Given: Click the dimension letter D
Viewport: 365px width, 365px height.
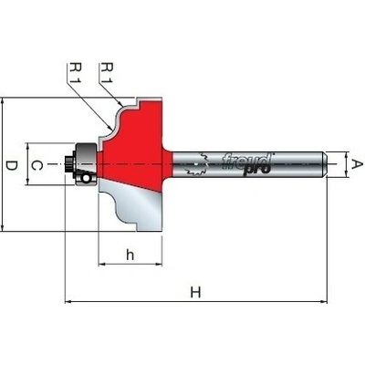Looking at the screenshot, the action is click(12, 166).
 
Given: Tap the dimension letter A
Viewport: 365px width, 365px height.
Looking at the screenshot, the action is click(357, 164).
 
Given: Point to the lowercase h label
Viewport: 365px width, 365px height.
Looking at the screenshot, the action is click(130, 255).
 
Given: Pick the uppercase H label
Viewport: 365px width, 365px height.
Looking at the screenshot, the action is click(195, 293).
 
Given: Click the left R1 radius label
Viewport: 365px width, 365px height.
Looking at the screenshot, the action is click(75, 72).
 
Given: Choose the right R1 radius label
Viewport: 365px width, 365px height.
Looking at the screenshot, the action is click(107, 72).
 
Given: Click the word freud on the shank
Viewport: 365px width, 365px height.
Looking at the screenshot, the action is click(246, 161).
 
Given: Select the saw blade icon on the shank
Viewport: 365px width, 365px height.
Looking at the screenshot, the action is click(198, 164).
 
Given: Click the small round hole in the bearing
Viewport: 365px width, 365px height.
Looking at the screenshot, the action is click(86, 178).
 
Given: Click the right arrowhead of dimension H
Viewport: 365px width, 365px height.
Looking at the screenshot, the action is click(324, 302).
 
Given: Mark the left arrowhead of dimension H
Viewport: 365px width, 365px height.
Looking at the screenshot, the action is click(68, 302).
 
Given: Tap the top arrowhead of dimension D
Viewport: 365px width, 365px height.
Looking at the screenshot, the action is click(3, 101).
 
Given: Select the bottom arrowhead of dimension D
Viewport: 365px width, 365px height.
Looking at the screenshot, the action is click(3, 228).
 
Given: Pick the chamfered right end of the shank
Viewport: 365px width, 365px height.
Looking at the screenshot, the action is click(325, 164).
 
